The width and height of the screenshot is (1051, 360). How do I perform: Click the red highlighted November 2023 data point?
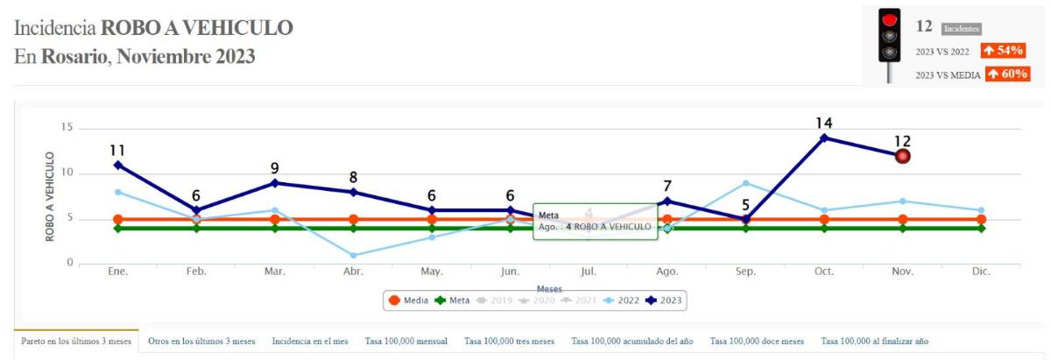coord(903,156)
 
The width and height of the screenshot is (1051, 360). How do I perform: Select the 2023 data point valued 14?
coord(824,138)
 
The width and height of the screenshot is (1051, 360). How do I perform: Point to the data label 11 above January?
coord(118,150)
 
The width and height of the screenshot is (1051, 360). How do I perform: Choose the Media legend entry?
coord(409,300)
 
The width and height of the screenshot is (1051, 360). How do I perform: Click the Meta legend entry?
coord(453,300)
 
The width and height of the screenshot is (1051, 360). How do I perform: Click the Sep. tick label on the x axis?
coord(745,272)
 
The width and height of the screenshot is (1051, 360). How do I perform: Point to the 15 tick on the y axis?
coord(65,129)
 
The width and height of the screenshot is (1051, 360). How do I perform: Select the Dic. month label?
coord(981,272)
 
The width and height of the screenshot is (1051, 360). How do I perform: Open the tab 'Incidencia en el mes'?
coord(310,342)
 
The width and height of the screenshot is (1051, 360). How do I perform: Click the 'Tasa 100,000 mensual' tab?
coord(406,342)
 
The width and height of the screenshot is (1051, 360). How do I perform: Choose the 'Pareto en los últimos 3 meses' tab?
coord(76,342)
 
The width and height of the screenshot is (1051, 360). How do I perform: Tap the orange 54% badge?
coord(1003,51)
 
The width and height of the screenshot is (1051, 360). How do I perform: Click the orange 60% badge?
coord(1006,74)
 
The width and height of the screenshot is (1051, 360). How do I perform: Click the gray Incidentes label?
coord(962,29)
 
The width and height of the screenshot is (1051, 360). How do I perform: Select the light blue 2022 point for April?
coord(353,256)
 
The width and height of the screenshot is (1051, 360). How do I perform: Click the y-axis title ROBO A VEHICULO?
coord(50,196)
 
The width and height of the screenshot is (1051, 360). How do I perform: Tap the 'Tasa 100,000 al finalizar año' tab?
coord(874,342)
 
